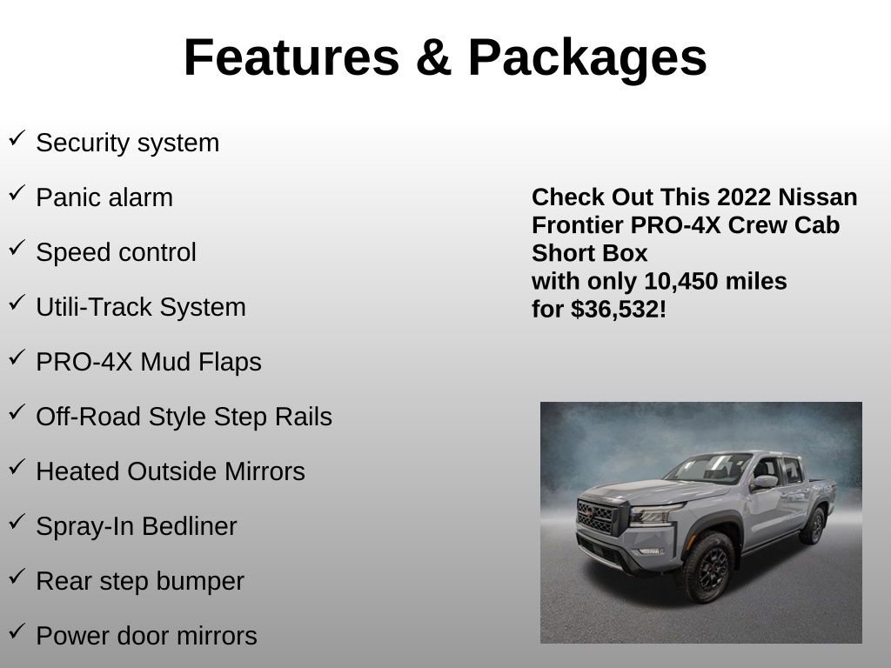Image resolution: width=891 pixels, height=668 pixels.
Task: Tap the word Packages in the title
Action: (x=587, y=57)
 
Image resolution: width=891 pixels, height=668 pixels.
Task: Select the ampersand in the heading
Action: (x=432, y=57)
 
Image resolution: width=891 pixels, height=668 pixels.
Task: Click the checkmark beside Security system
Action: (x=17, y=138)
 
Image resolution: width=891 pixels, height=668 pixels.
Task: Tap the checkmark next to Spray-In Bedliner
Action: (x=17, y=522)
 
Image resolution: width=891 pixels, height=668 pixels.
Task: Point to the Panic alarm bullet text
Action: (x=104, y=197)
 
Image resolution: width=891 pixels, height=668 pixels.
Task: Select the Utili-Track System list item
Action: (x=141, y=307)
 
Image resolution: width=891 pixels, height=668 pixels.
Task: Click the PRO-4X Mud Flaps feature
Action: (x=149, y=362)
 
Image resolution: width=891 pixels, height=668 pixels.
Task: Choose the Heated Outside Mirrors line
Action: (x=171, y=471)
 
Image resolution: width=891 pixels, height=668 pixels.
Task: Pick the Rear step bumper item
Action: (x=140, y=581)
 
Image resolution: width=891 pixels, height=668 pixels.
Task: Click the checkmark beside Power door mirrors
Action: (x=17, y=631)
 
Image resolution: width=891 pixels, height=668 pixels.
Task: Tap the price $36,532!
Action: (x=619, y=309)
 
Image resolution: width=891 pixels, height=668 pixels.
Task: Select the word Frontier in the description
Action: (x=578, y=224)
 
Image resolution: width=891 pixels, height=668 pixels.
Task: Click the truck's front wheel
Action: (x=706, y=567)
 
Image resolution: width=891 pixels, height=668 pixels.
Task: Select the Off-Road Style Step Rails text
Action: (x=184, y=417)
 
